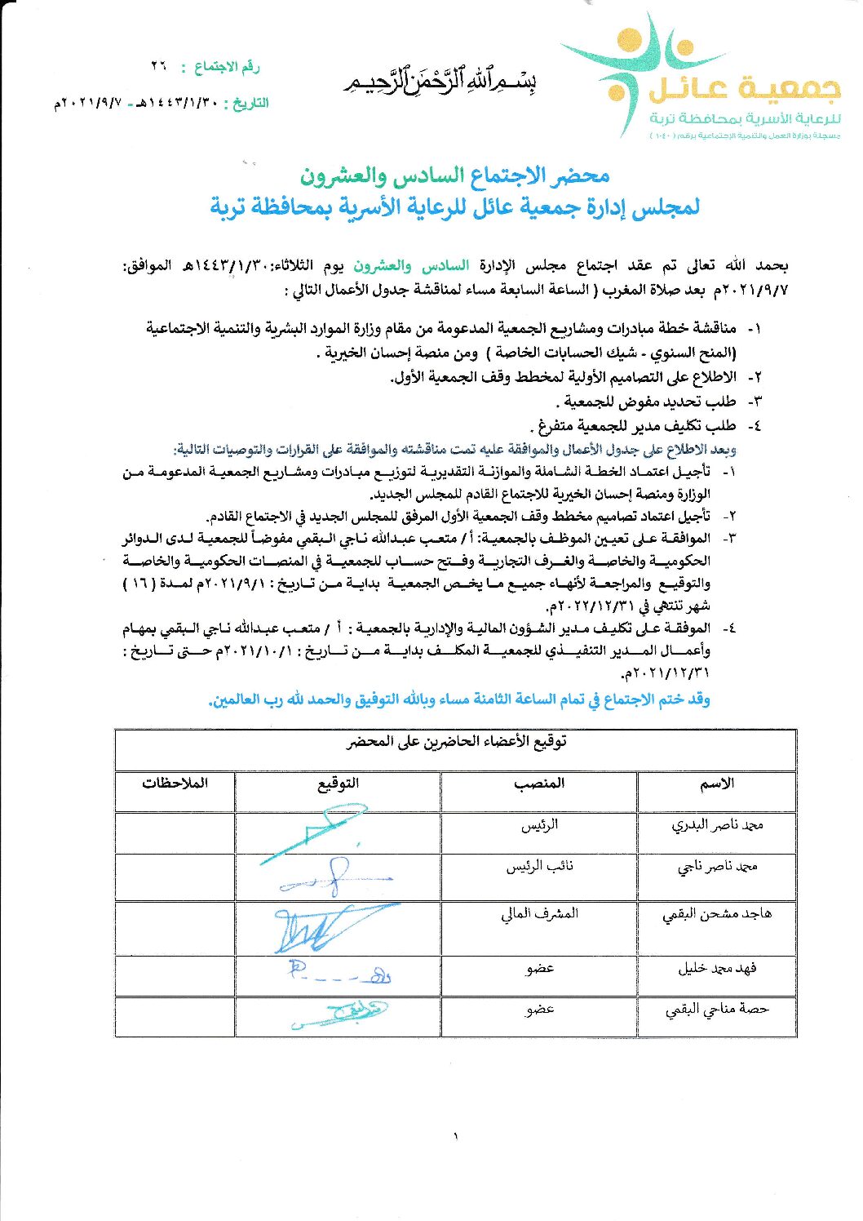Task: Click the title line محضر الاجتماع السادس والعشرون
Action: [454, 175]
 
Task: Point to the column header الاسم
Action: [716, 784]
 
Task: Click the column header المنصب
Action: [538, 784]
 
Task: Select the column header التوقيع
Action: [338, 784]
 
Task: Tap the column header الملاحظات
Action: [175, 784]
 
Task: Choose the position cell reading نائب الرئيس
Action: [539, 867]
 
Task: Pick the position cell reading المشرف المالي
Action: [539, 914]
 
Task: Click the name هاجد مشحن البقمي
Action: [716, 915]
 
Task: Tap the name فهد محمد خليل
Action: [716, 969]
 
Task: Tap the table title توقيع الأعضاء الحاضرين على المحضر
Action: [456, 742]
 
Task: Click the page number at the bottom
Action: [455, 1135]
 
